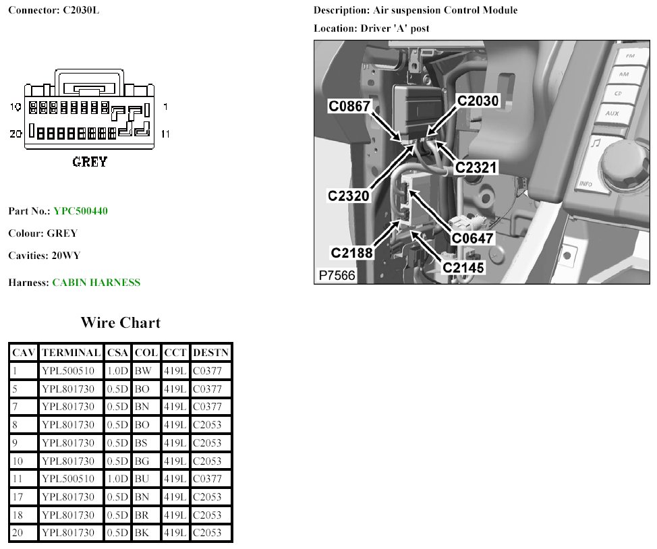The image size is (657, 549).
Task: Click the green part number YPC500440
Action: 80,211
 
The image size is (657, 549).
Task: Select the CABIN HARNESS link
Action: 96,283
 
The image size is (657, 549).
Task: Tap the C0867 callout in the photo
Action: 349,106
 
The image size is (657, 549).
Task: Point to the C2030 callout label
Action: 478,100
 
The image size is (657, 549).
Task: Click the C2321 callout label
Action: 476,168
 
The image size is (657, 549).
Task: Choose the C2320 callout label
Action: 349,196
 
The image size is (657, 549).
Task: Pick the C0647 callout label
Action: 472,239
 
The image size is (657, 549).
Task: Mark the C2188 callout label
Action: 351,253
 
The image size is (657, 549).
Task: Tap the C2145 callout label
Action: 463,268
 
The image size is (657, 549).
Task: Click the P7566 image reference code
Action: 337,275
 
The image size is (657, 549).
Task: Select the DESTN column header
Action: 210,353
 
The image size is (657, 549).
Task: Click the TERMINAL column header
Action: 72,353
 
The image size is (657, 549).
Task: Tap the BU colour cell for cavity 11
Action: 142,479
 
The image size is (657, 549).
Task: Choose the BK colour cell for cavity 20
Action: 142,533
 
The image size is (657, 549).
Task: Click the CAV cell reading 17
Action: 18,496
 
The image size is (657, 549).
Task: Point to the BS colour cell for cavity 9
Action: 141,442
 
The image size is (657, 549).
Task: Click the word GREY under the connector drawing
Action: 90,162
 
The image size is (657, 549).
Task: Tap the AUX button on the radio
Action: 612,113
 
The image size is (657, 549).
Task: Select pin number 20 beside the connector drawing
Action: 16,134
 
